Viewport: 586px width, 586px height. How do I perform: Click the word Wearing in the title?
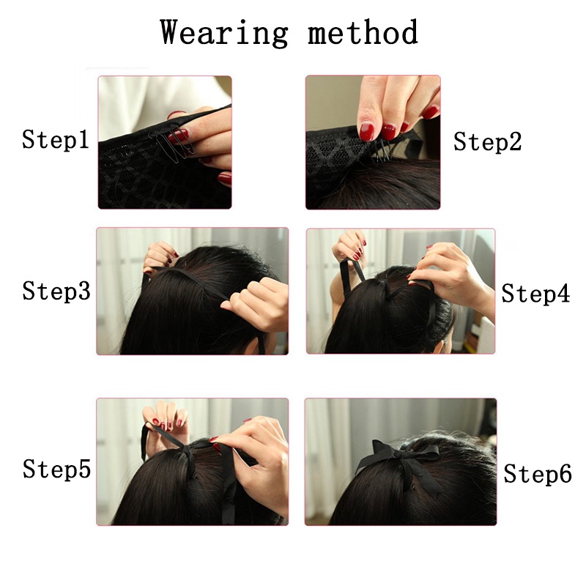[x=223, y=34]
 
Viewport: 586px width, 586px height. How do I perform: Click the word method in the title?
[x=363, y=31]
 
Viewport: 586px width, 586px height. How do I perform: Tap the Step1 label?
[x=56, y=140]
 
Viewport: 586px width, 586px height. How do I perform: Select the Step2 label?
[x=487, y=141]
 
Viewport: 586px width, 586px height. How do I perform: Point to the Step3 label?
[x=56, y=291]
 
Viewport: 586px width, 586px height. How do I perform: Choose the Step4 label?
[x=535, y=294]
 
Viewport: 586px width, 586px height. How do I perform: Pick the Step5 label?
[x=56, y=469]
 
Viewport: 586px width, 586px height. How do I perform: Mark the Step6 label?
[x=538, y=473]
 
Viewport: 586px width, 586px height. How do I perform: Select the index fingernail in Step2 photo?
[x=367, y=131]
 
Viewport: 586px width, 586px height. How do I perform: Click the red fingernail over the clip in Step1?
[x=178, y=136]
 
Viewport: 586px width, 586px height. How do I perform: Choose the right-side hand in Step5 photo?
[x=254, y=460]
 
